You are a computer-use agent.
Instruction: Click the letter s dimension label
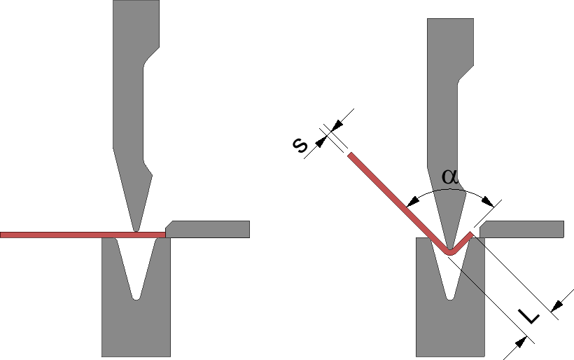tap(300, 145)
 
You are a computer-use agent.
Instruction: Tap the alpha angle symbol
tap(451, 177)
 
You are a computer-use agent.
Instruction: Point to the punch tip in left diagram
tap(136, 228)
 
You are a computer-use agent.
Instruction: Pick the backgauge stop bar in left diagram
tap(210, 229)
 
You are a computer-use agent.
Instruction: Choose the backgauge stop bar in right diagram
tap(525, 229)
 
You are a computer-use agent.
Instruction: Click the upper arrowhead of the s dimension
tap(335, 127)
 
